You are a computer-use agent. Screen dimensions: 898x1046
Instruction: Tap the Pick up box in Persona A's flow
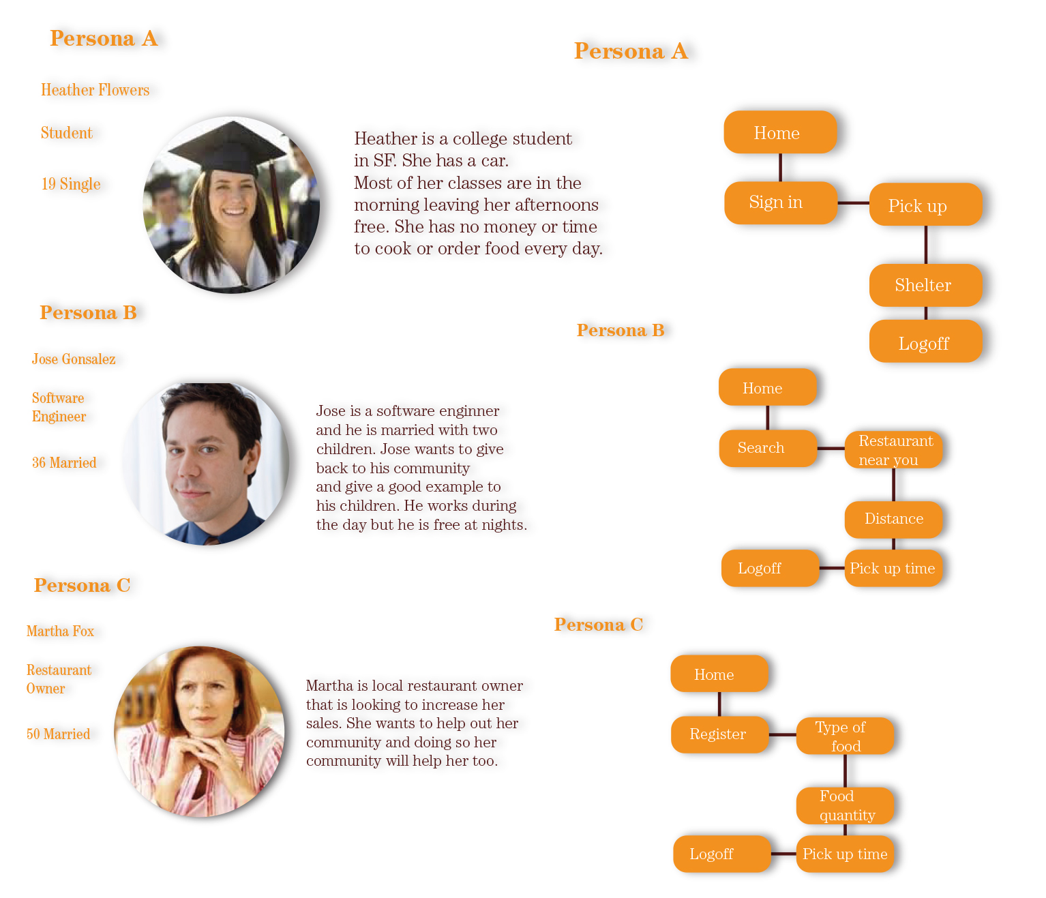click(925, 205)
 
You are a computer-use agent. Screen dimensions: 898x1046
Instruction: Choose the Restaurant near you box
click(894, 450)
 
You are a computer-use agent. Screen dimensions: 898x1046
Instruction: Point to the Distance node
click(893, 519)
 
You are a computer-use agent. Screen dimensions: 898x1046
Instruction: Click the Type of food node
click(845, 736)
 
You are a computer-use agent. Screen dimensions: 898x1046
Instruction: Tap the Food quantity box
click(845, 805)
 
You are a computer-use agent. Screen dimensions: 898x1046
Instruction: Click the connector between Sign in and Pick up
click(853, 203)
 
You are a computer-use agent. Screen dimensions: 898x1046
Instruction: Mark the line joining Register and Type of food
click(782, 734)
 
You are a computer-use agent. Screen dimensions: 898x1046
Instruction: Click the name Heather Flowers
click(95, 90)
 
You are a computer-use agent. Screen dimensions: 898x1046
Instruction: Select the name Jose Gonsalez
click(74, 359)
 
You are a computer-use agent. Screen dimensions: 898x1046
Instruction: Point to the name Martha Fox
click(60, 631)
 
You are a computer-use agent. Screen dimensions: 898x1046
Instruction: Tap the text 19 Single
click(71, 184)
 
